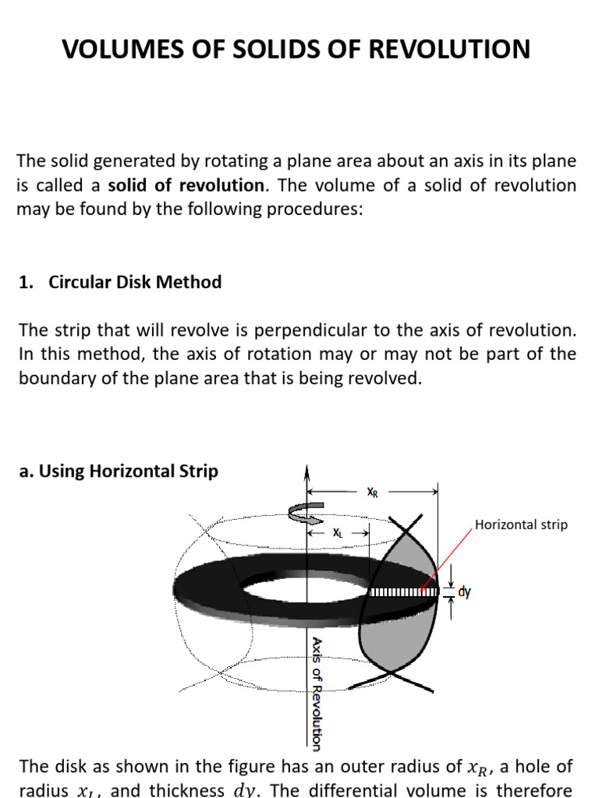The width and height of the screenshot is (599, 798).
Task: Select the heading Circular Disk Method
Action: pyautogui.click(x=135, y=282)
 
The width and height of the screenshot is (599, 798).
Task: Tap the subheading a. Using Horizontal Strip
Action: pyautogui.click(x=119, y=471)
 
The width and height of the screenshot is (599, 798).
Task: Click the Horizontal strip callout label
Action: pyautogui.click(x=521, y=524)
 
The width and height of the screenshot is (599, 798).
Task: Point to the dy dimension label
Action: pyautogui.click(x=464, y=592)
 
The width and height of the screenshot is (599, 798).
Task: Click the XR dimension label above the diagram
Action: pyautogui.click(x=373, y=492)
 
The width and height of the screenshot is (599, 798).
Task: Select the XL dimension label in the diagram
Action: pyautogui.click(x=338, y=534)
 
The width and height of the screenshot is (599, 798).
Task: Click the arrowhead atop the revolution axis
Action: pyautogui.click(x=307, y=470)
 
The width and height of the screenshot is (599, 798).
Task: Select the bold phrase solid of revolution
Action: pyautogui.click(x=186, y=185)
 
